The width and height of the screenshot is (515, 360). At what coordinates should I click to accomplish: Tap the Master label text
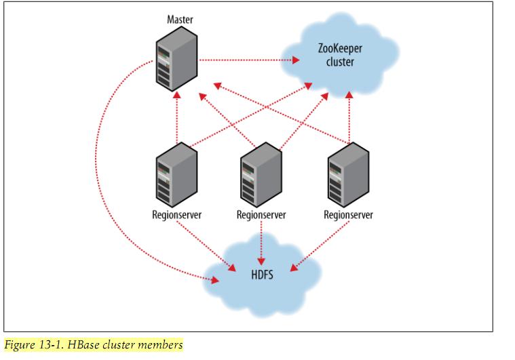(x=180, y=18)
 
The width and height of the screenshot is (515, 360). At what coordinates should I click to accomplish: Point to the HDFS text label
(x=261, y=276)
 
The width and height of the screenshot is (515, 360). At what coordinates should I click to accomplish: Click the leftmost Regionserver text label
(x=176, y=216)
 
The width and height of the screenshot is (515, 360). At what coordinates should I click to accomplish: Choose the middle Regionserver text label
(x=261, y=216)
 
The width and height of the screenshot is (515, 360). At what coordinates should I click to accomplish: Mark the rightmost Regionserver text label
(x=349, y=216)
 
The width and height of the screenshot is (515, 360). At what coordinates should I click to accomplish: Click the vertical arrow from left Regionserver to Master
(x=176, y=119)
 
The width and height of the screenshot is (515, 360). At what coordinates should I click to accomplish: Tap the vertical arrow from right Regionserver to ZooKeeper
(x=349, y=115)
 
